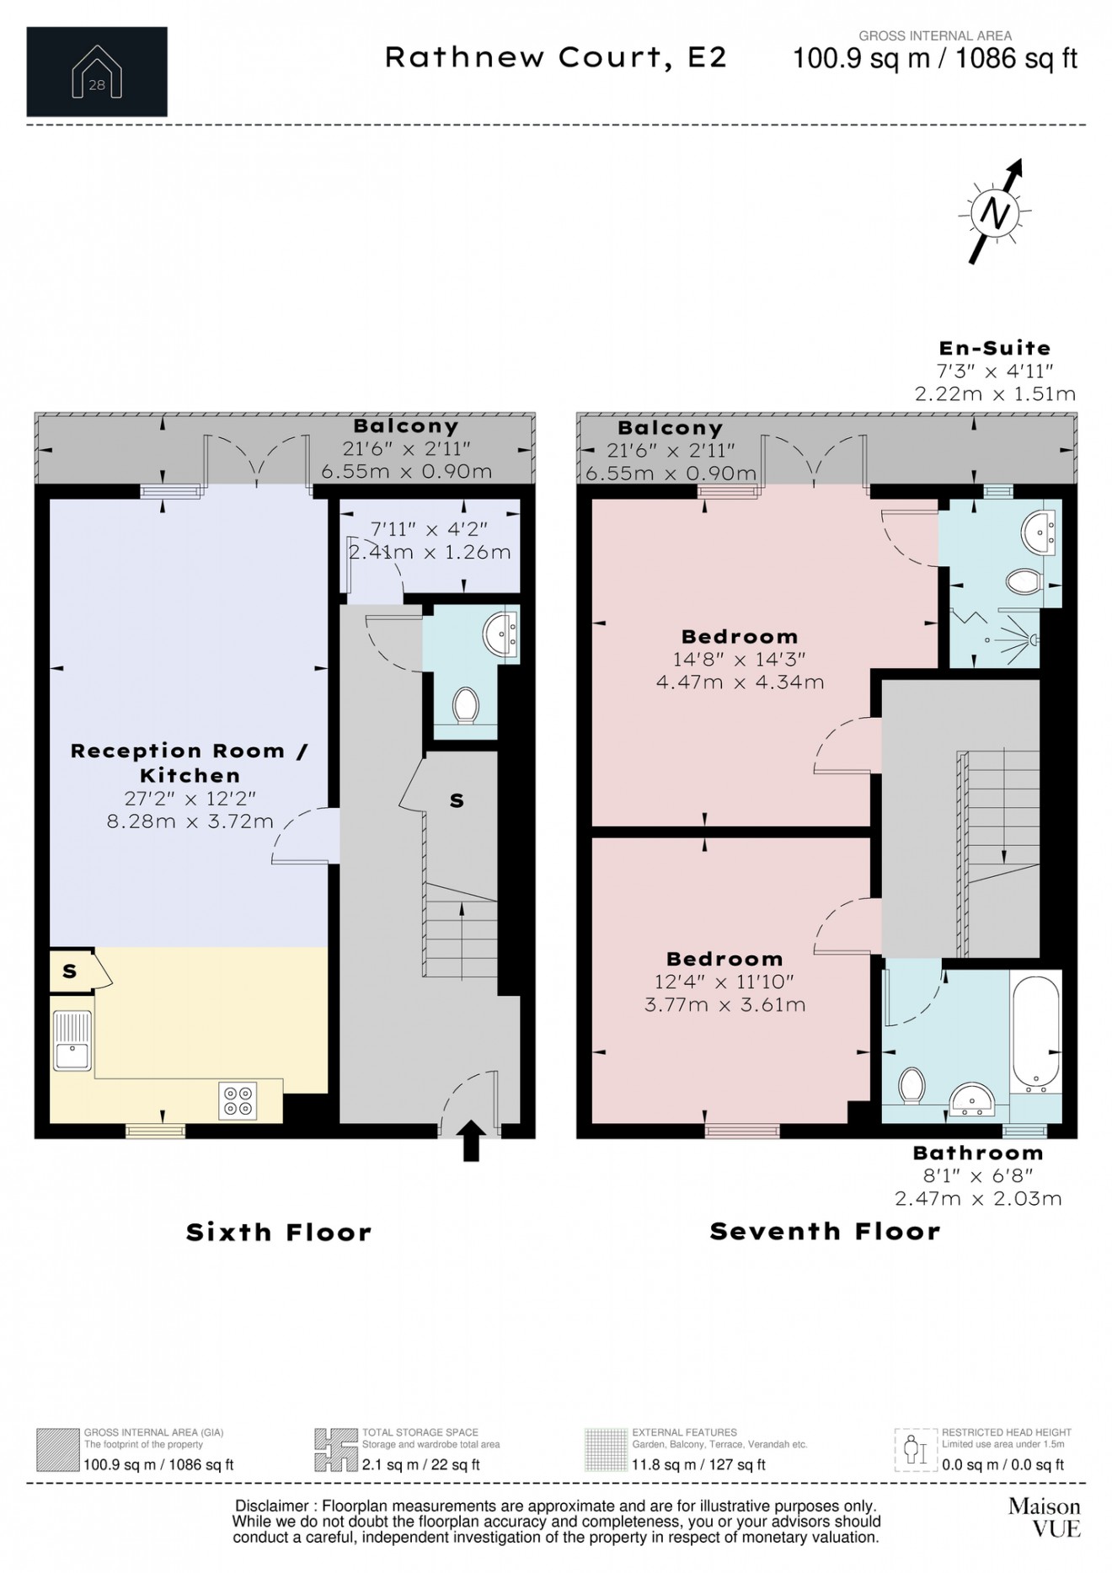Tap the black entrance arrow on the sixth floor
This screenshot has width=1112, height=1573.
pos(472,1140)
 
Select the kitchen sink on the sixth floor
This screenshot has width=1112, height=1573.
pos(72,1041)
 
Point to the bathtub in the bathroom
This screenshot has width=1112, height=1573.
pos(1035,1032)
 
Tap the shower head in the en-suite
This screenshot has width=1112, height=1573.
pos(1033,640)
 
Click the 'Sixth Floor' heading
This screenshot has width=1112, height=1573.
pos(278,1233)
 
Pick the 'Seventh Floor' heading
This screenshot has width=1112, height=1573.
pos(825,1232)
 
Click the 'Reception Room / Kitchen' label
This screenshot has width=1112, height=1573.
pos(190,762)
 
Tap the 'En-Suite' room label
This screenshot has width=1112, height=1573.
pos(995,348)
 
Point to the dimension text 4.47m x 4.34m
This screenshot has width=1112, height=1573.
pos(740,682)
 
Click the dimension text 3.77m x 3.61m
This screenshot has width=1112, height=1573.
pos(724,1005)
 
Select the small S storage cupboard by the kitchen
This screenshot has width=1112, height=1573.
pos(71,971)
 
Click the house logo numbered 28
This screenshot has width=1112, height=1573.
pos(97,72)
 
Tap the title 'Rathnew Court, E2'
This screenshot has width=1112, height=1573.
pos(556,57)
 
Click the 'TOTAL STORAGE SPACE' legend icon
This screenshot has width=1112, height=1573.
pos(335,1450)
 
